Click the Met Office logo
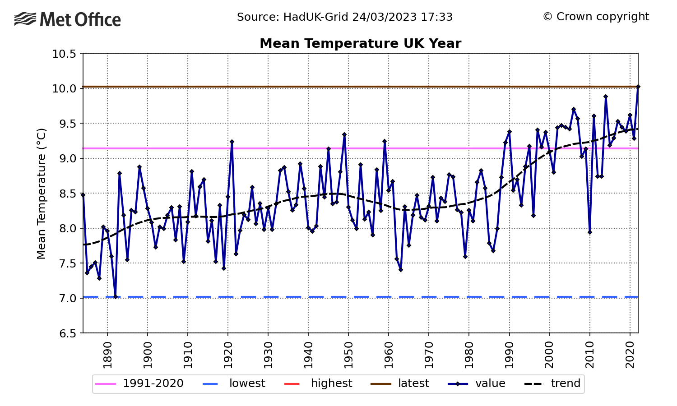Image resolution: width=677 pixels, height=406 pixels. coord(68,19)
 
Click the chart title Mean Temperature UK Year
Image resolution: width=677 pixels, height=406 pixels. coord(360,44)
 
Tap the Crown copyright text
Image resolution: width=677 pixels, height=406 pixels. coord(596,17)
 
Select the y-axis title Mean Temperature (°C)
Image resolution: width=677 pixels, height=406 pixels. coord(42,194)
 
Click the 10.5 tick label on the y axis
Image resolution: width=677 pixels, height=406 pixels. coord(65,54)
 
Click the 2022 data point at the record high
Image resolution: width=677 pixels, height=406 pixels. coord(638,87)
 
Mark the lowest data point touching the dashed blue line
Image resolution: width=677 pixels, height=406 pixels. coord(116,297)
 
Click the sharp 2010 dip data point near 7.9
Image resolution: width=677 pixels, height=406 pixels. coord(589,232)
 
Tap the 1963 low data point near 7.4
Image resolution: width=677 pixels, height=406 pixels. coord(400,270)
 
